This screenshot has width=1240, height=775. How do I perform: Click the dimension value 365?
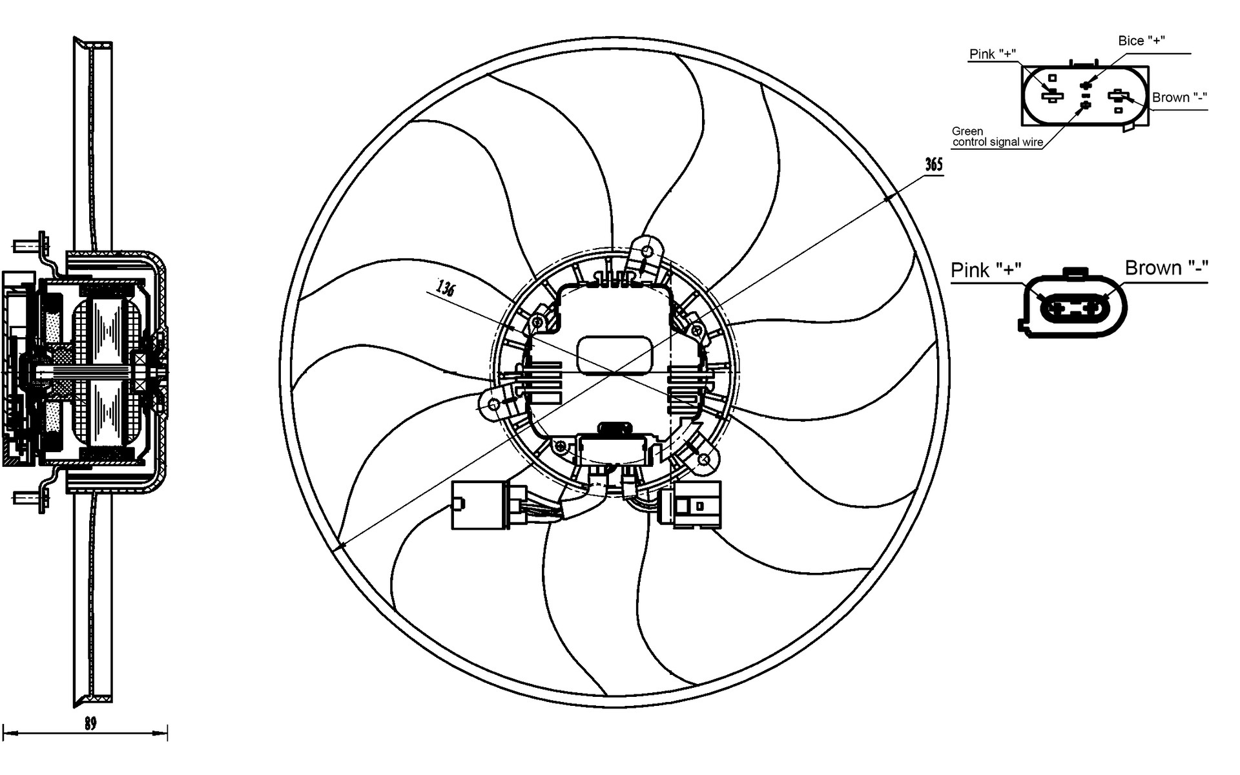pyautogui.click(x=934, y=165)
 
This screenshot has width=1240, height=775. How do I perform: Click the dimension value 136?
pyautogui.click(x=446, y=287)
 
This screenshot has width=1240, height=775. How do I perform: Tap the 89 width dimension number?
pyautogui.click(x=90, y=723)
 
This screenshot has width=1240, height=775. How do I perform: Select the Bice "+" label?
pyautogui.click(x=1141, y=41)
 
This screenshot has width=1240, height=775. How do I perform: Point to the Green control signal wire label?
pyautogui.click(x=997, y=137)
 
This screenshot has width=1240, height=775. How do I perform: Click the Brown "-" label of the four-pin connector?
pyautogui.click(x=1179, y=98)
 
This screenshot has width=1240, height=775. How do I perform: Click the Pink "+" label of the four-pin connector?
pyautogui.click(x=993, y=54)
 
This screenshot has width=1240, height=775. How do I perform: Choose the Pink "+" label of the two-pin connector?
pyautogui.click(x=986, y=270)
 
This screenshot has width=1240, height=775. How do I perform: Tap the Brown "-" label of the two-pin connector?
pyautogui.click(x=1166, y=268)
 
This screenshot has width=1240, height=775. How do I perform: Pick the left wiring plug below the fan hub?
pyautogui.click(x=481, y=505)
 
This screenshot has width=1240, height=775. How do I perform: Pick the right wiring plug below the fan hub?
pyautogui.click(x=689, y=504)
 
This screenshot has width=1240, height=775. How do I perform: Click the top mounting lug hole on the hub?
pyautogui.click(x=648, y=249)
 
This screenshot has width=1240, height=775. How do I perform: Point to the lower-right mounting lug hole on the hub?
pyautogui.click(x=705, y=460)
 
